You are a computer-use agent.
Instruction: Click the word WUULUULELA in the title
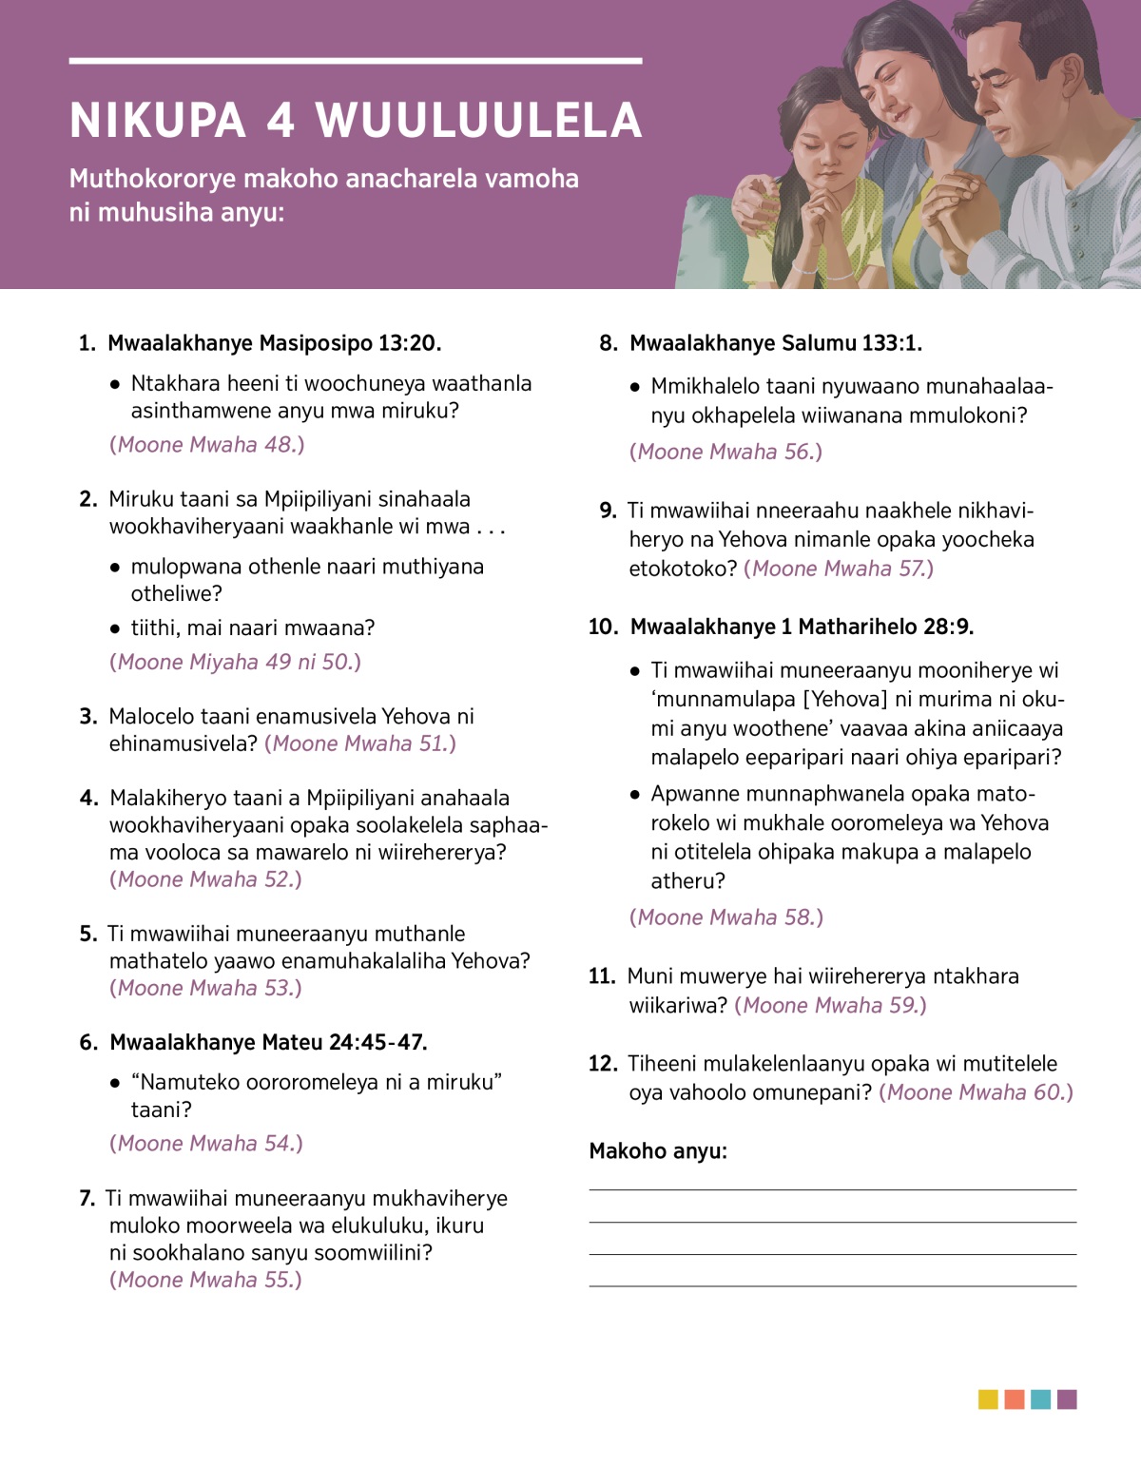coord(478,121)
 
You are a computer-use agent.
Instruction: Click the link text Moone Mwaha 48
coord(207,445)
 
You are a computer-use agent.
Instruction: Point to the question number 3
coord(88,717)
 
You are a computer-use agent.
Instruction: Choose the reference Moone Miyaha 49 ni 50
coord(236,663)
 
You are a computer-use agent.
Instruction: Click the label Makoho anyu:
coord(658,1151)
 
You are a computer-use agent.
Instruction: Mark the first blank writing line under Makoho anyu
coord(832,1188)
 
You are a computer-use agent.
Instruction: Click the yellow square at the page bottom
coord(988,1399)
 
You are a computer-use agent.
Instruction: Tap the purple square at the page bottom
coord(1067,1399)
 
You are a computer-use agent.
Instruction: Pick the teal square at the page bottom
coord(1040,1399)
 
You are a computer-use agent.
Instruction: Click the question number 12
coord(603,1064)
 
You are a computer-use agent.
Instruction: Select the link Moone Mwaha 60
coord(976,1093)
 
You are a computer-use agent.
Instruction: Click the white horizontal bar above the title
coord(356,61)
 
